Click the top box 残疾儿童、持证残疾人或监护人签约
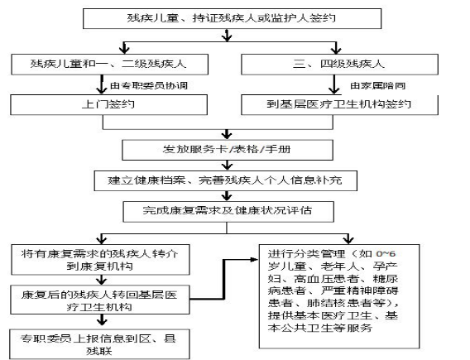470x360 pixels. point(232,18)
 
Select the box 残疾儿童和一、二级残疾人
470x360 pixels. point(110,65)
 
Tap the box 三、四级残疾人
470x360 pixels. point(339,65)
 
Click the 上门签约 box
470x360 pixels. point(108,104)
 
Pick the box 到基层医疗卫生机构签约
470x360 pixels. point(339,104)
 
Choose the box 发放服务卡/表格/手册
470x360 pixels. point(228,150)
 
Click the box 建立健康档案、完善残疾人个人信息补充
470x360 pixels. point(225,180)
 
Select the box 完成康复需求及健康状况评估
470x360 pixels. point(228,212)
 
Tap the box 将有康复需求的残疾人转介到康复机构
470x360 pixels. point(100,260)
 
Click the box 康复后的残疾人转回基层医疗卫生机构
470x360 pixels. point(100,300)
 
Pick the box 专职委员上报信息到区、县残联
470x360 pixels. point(99,344)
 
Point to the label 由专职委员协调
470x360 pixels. point(149,86)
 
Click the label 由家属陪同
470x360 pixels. point(378,86)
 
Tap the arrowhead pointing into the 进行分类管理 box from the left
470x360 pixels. point(255,260)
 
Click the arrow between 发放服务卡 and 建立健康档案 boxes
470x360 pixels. point(228,166)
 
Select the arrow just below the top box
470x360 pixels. point(228,35)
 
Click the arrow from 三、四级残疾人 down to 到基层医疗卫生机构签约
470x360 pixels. point(334,84)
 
